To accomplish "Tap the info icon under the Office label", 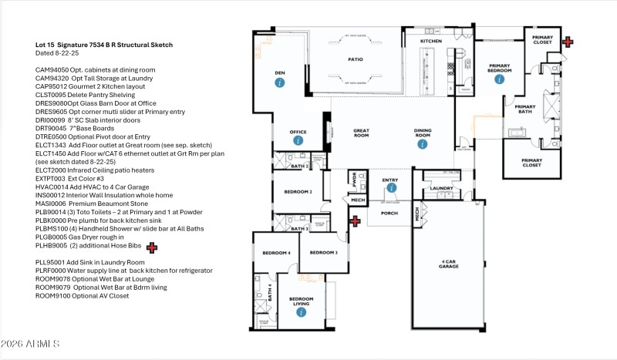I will click(298, 140).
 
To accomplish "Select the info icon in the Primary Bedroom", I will click(499, 79).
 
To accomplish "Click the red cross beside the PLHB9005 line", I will click(152, 247).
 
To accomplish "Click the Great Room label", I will click(364, 132).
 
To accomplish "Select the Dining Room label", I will click(422, 132).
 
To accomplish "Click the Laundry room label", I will click(441, 187).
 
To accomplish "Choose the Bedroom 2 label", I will click(298, 191).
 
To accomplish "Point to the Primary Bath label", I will click(525, 109).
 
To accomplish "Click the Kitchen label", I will click(430, 40).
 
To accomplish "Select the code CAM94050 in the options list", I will click(52, 69).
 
